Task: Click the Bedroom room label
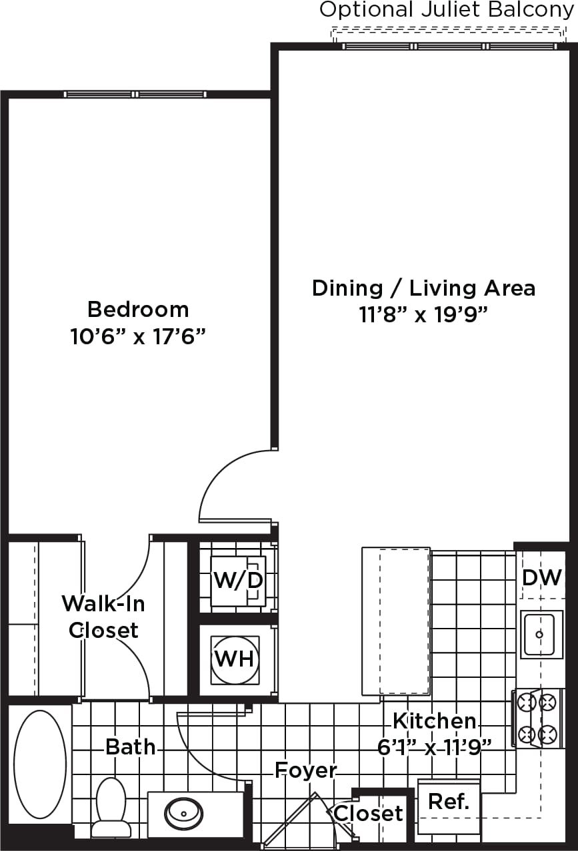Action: [138, 310]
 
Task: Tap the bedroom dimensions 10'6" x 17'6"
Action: [137, 337]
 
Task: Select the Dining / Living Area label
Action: [423, 288]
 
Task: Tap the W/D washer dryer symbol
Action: [238, 581]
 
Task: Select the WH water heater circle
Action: [235, 659]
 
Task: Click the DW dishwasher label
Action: [541, 577]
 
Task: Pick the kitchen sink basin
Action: [541, 634]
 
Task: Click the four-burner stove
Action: [537, 718]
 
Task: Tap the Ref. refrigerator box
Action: [449, 802]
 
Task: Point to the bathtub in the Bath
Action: [40, 764]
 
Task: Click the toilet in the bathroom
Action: [111, 806]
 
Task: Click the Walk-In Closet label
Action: [103, 616]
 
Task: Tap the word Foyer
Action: [306, 770]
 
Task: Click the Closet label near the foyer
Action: [368, 813]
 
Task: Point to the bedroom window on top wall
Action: [135, 95]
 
